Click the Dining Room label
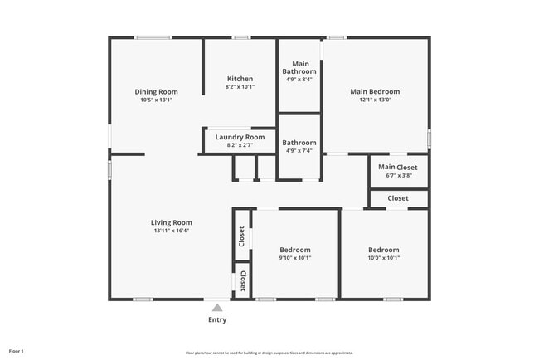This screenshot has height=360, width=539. [x=156, y=92]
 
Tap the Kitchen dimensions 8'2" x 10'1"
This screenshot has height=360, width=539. [x=240, y=86]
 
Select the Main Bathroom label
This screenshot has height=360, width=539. [x=299, y=67]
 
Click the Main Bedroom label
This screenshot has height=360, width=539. [x=375, y=92]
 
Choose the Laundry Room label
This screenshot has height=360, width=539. [x=240, y=137]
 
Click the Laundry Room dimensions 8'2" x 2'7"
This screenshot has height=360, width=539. [x=240, y=145]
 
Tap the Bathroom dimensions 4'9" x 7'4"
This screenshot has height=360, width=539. [x=299, y=150]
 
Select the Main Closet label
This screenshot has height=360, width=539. [x=398, y=167]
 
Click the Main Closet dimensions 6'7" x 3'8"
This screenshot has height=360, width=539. [x=398, y=175]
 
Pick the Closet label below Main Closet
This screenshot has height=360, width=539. [x=398, y=198]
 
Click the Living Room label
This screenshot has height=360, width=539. [x=172, y=222]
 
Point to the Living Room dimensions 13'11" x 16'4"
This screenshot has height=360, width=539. [x=172, y=231]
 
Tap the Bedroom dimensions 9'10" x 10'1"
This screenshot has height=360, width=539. [x=295, y=257]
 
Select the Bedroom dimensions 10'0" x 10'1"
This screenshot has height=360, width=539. [x=384, y=257]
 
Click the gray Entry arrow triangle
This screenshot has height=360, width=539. [x=217, y=308]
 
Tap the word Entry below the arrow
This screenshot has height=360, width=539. [x=217, y=319]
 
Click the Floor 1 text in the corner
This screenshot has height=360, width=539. [x=17, y=351]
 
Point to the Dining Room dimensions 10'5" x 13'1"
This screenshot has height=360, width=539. [x=156, y=100]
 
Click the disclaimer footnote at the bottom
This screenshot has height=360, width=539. [x=269, y=353]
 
